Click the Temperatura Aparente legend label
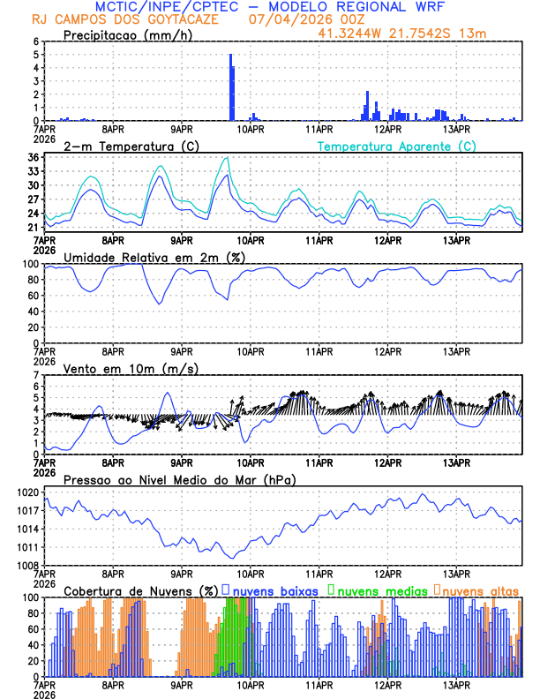click(396, 146)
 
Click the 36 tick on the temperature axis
click(33, 158)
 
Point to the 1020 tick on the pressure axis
click(26, 492)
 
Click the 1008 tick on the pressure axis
click(26, 565)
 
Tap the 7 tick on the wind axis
click(36, 375)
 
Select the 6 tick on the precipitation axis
click(36, 41)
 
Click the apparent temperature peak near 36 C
click(228, 158)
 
